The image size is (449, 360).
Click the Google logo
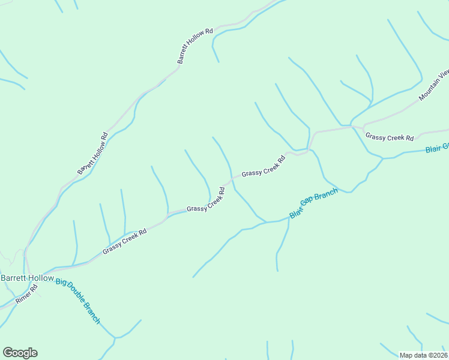20,353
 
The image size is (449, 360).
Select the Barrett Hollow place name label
27,278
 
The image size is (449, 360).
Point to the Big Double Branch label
78,301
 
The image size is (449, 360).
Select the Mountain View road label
434,86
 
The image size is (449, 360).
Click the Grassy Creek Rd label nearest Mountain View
390,137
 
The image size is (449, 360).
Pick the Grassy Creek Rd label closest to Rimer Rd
125,242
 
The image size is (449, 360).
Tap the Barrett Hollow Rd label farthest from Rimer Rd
195,45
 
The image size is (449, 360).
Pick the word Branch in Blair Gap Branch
328,195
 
